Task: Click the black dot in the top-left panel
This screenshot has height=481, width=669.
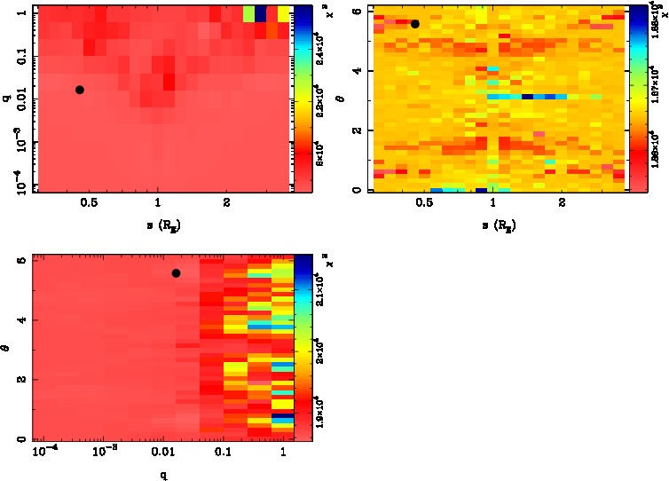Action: click(80, 90)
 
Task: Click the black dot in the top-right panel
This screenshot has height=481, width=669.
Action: click(414, 24)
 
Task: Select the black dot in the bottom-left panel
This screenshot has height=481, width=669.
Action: click(176, 273)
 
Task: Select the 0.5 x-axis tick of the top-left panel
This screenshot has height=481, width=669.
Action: click(89, 203)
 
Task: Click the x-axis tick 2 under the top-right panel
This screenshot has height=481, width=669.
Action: click(563, 203)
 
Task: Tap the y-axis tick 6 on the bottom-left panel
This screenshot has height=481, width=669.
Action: click(21, 261)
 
